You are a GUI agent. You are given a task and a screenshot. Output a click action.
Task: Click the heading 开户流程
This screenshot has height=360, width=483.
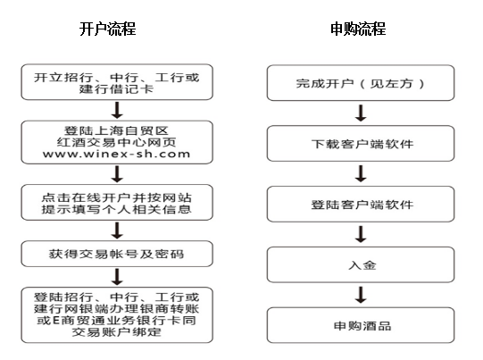pos(107,29)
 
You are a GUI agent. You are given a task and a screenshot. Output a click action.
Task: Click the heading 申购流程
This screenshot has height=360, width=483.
pos(358,29)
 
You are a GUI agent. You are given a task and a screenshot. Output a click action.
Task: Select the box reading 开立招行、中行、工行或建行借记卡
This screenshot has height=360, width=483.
pos(117,82)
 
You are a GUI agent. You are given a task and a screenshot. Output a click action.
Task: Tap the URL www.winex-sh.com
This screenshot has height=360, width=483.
pos(116,154)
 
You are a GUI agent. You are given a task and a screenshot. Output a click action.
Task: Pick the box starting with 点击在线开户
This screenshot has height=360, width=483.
pos(117,203)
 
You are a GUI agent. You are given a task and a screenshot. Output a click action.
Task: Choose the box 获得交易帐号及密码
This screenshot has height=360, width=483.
pos(117,254)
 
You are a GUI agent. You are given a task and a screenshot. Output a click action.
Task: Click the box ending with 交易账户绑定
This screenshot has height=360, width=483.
pos(117,315)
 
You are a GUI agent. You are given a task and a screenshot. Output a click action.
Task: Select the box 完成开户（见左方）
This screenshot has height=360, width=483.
pos(361,83)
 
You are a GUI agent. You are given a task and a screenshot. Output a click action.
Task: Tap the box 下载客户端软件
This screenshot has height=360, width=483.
pos(361,143)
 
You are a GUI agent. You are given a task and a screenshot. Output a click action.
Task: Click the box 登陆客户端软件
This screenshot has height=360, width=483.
pos(361,204)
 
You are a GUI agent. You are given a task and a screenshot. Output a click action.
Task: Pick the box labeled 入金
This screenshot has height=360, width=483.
pos(361,264)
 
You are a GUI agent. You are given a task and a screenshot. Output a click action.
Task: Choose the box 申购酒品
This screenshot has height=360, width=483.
pos(361,325)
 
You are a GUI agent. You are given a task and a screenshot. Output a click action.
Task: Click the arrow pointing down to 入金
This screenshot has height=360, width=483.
pos(361,234)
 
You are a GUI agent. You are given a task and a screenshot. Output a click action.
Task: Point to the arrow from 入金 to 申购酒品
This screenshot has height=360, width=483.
pos(361,295)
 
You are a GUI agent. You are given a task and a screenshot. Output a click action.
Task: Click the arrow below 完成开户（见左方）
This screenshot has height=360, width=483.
pos(361,113)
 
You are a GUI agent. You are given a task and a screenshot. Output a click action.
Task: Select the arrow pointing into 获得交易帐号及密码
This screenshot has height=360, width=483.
pos(117,230)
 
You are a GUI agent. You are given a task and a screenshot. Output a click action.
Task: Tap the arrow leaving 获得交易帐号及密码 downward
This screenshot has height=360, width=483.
pos(117,277)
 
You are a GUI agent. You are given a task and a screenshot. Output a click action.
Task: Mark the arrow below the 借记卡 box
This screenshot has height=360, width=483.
pos(117,111)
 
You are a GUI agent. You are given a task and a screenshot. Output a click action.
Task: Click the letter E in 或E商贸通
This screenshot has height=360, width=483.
pos(56,321)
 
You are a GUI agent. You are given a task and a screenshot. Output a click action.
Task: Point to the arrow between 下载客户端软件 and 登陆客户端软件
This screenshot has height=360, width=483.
pos(361,174)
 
